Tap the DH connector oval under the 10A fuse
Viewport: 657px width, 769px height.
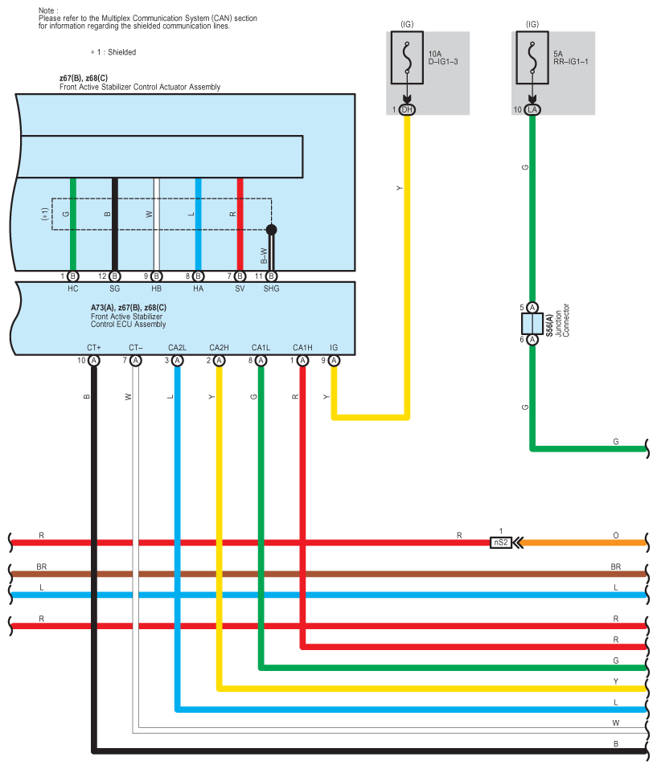pos(407,109)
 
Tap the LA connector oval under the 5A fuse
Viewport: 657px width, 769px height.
pos(532,109)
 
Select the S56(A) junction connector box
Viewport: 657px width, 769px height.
pos(532,323)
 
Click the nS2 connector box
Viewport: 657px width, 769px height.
pos(500,542)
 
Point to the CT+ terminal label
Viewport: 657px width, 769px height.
pos(94,347)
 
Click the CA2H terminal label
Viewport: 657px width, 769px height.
pos(220,347)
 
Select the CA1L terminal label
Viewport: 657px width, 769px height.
pos(261,347)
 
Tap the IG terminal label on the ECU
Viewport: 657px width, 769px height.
pos(334,347)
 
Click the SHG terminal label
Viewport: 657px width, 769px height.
pos(271,288)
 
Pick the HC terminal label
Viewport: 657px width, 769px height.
pos(72,288)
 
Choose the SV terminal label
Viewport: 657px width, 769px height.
pos(240,288)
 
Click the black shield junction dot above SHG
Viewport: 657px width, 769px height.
pos(271,230)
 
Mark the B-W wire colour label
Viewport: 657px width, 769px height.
pos(263,255)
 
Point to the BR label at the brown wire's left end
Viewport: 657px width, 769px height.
pos(42,567)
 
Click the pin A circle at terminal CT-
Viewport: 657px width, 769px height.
pos(136,361)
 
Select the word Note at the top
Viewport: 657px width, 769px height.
pos(47,10)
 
